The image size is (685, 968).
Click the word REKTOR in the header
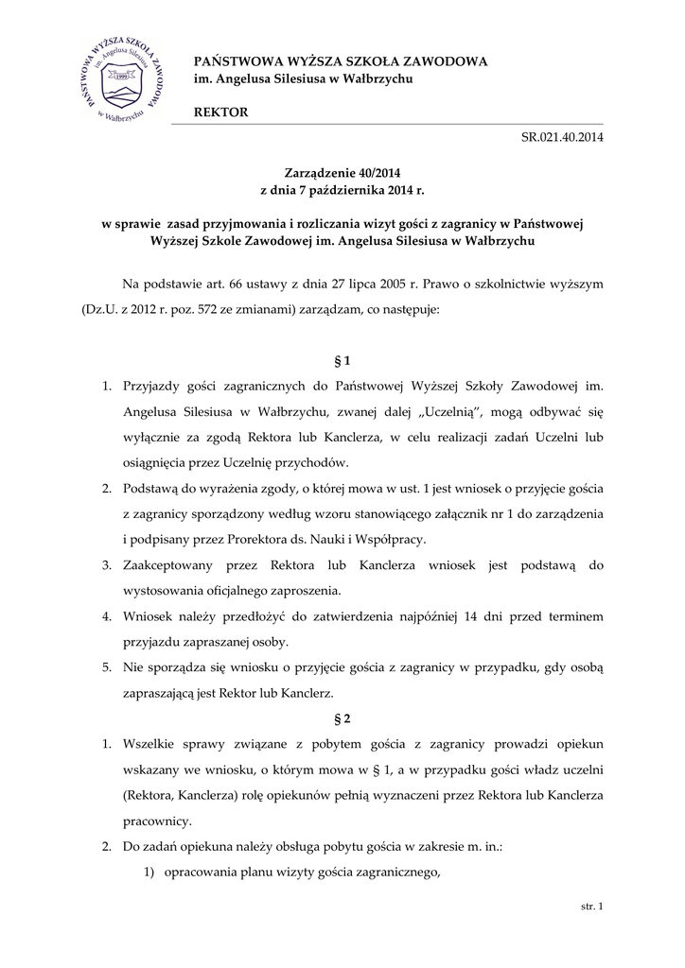click(220, 112)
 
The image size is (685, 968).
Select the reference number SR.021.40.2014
click(562, 137)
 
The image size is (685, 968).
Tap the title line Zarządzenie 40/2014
click(342, 172)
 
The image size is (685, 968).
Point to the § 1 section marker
click(342, 360)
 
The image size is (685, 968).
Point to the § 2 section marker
click(342, 717)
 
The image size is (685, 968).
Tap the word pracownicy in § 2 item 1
click(155, 820)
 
